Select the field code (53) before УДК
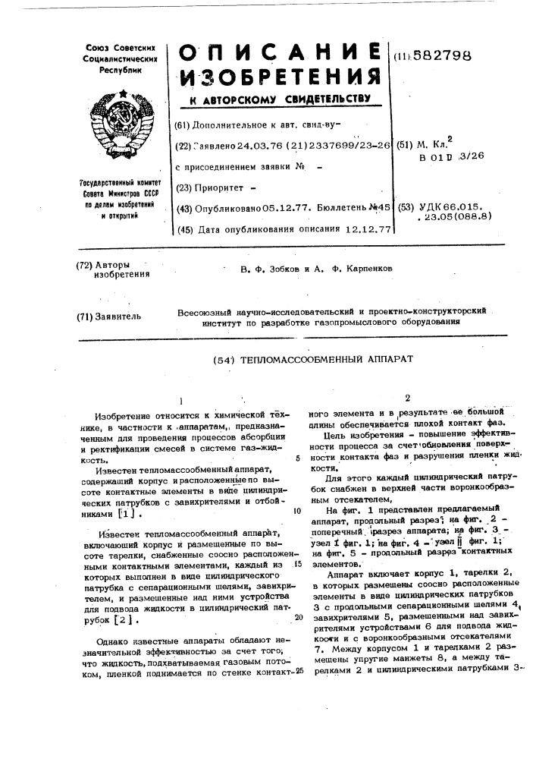pyautogui.click(x=406, y=206)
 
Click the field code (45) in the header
pyautogui.click(x=182, y=228)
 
